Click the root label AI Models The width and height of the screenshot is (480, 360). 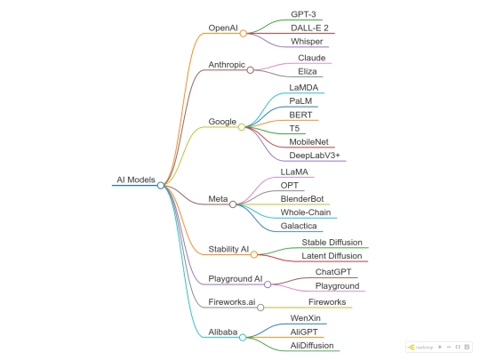point(136,180)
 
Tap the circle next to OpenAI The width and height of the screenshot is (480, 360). point(244,34)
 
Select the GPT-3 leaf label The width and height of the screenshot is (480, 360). point(303,14)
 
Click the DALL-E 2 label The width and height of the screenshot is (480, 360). point(309,28)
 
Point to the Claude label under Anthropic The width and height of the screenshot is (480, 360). point(312,58)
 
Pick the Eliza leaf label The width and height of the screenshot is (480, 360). point(308,72)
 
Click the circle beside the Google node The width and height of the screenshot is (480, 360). point(242,127)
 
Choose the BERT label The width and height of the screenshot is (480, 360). point(300,115)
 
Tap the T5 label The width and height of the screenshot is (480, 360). point(294,129)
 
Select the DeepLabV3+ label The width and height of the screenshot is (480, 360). point(315,156)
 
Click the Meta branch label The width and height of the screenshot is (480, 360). point(218,199)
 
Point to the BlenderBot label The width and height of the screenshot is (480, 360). point(302,199)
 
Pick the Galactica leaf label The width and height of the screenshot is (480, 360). point(299,226)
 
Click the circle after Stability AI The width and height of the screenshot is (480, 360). point(254,254)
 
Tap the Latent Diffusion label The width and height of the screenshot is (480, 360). point(332,256)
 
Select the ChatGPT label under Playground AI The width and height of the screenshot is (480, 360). point(333,272)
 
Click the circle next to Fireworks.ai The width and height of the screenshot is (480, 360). point(260,308)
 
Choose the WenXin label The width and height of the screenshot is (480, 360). point(306,318)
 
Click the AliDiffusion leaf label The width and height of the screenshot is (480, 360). point(312,346)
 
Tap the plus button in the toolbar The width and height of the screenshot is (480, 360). point(440,347)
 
